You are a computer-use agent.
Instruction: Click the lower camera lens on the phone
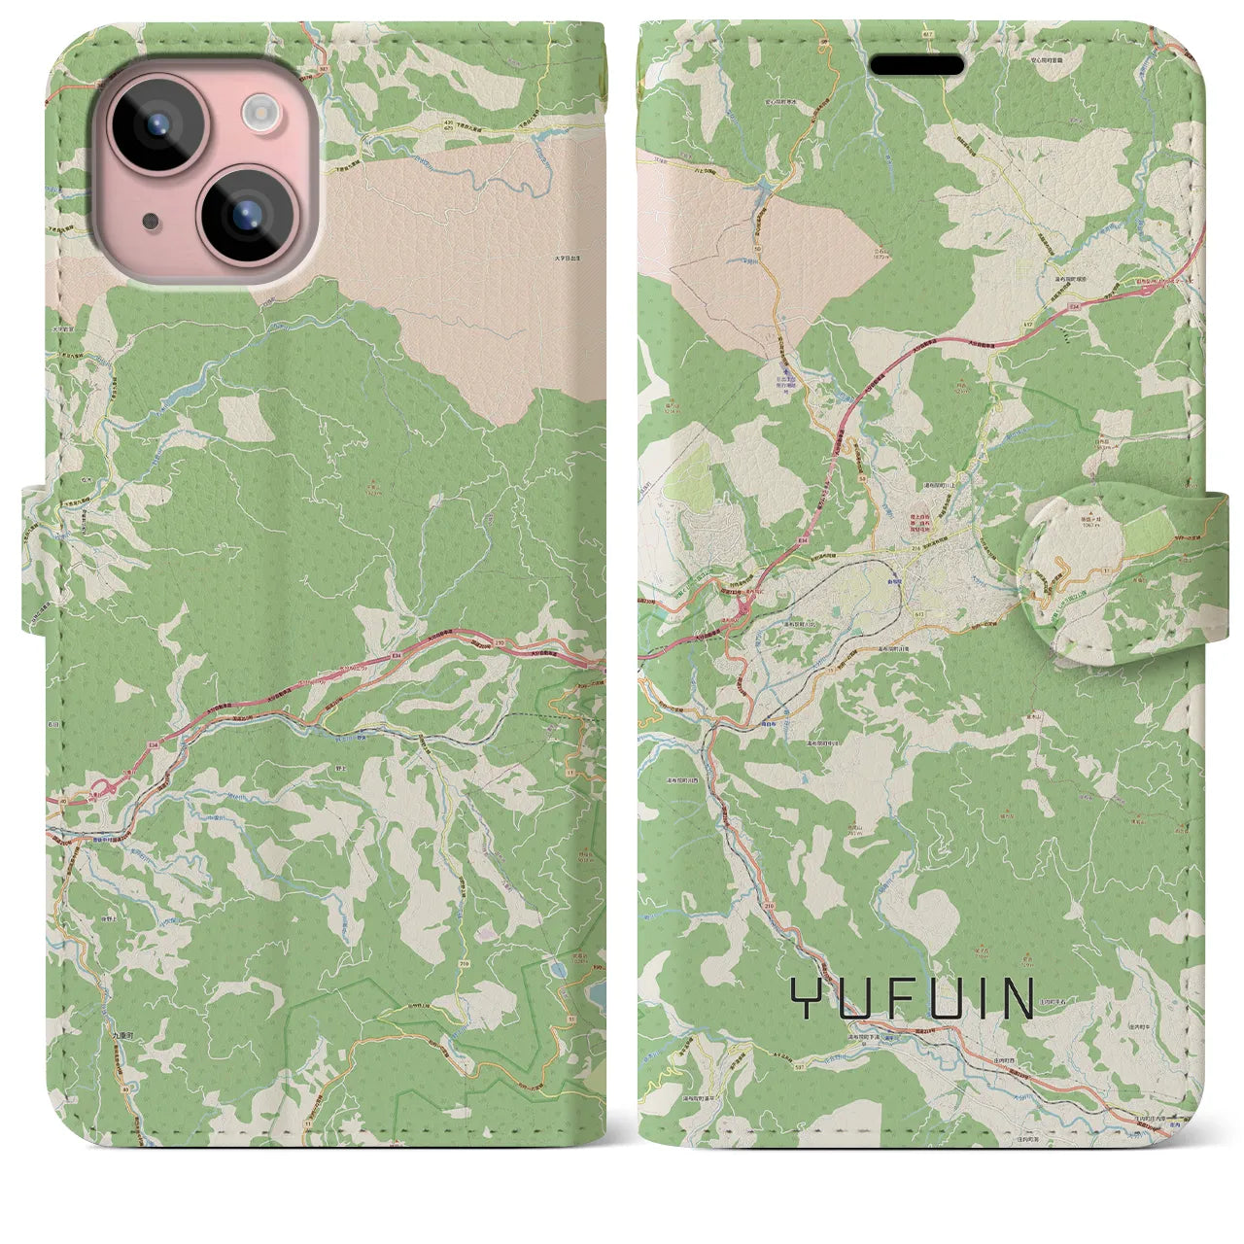click(243, 215)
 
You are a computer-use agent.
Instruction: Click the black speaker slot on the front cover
click(916, 65)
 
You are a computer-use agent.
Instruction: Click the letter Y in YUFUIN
click(805, 998)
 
